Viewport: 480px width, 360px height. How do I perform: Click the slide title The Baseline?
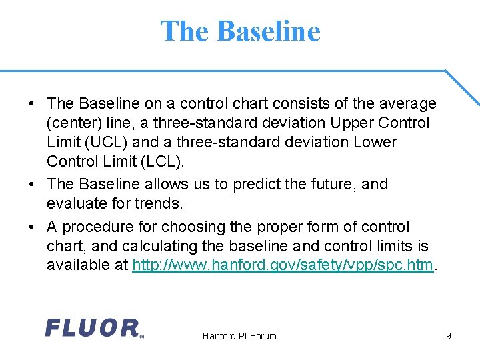(x=240, y=31)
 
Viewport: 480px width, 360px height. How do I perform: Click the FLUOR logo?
(x=93, y=328)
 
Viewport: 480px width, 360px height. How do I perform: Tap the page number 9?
(x=449, y=336)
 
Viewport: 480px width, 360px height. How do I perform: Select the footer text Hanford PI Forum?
(x=239, y=336)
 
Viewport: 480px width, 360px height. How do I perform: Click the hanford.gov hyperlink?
(x=283, y=265)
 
